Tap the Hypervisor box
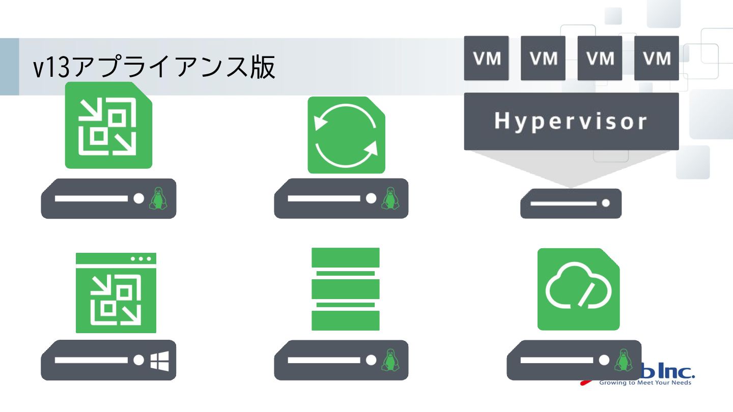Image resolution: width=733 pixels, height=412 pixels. pyautogui.click(x=571, y=121)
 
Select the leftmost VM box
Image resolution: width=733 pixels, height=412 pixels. pyautogui.click(x=486, y=58)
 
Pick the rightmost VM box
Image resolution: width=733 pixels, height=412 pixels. pyautogui.click(x=656, y=58)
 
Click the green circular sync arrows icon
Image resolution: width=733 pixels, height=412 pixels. pyautogui.click(x=346, y=135)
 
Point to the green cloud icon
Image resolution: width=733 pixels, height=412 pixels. pyautogui.click(x=578, y=289)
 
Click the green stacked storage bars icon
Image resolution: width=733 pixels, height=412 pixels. pyautogui.click(x=346, y=289)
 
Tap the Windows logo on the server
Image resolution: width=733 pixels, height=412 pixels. pyautogui.click(x=159, y=360)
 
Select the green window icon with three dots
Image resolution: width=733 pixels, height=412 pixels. pyautogui.click(x=116, y=293)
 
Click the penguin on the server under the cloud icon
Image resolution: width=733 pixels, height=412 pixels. pyautogui.click(x=621, y=360)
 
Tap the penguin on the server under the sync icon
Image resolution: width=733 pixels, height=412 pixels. pyautogui.click(x=390, y=198)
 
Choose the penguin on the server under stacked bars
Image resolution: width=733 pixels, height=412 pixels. pyautogui.click(x=390, y=360)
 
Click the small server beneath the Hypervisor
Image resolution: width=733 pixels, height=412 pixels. pyautogui.click(x=571, y=203)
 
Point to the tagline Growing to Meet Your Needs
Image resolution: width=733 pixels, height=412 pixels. pyautogui.click(x=645, y=382)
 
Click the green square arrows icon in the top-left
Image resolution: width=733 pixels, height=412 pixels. pyautogui.click(x=108, y=125)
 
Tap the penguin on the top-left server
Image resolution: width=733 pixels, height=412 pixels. pyautogui.click(x=158, y=198)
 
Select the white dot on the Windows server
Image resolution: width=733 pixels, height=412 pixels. pyautogui.click(x=139, y=360)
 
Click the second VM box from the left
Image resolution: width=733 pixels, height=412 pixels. pyautogui.click(x=543, y=58)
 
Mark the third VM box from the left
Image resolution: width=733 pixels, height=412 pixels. pyautogui.click(x=600, y=58)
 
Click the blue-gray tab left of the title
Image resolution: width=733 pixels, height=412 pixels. pyautogui.click(x=9, y=67)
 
